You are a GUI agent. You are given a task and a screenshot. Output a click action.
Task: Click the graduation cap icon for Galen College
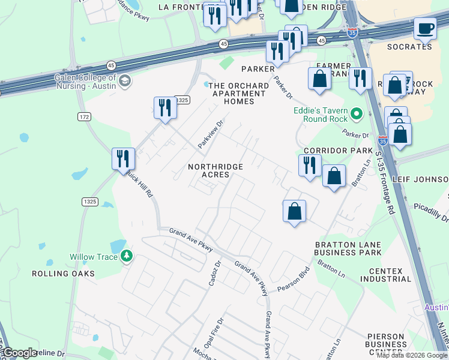tap(125, 81)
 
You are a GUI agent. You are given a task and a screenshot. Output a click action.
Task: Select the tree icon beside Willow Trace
tap(126, 256)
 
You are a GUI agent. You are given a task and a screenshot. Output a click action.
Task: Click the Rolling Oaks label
tap(64, 274)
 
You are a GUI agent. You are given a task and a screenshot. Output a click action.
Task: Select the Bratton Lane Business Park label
tap(348, 248)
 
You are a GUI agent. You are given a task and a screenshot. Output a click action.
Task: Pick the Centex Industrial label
tap(385, 275)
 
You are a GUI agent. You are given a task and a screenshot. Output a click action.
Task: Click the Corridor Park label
tap(334, 151)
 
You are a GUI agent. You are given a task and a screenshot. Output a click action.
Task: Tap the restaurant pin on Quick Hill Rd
tap(123, 159)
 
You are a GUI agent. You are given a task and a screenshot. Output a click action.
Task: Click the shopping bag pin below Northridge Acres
tap(294, 212)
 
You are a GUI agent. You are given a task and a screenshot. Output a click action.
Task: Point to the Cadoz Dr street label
tap(214, 272)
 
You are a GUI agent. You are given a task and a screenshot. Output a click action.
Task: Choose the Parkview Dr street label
tap(211, 134)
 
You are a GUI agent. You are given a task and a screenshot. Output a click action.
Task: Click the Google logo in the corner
tap(20, 353)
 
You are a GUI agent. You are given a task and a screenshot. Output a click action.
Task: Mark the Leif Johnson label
tap(420, 179)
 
